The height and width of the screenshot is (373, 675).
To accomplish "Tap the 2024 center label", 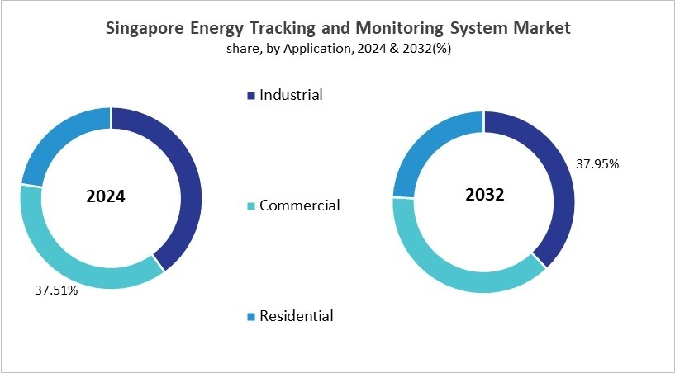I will [106, 197].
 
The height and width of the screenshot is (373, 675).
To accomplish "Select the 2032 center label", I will [482, 196].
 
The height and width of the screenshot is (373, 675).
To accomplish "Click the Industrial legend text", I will [291, 95].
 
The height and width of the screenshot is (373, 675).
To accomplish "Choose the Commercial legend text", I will [299, 205].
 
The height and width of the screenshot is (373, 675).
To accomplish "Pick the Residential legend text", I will [297, 316].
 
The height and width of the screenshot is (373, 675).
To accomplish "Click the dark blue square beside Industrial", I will [251, 96].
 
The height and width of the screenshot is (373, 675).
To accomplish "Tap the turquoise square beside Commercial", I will [251, 206].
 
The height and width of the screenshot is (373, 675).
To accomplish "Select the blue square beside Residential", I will [251, 317].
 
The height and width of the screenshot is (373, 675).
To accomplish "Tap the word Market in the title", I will [540, 28].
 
